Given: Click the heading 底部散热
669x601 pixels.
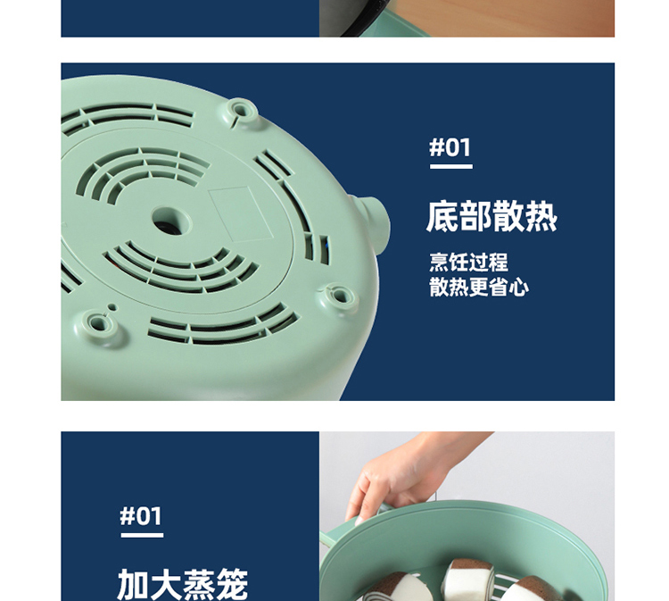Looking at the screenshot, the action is (x=491, y=217).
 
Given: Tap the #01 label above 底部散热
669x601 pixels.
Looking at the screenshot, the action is (x=450, y=147).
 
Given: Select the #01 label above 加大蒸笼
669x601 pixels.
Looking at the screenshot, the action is (x=141, y=515).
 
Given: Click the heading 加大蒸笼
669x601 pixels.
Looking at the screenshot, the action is (x=182, y=584).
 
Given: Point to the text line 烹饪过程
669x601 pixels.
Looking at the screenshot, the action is (x=469, y=262).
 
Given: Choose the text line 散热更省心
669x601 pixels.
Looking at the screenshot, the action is (x=479, y=286).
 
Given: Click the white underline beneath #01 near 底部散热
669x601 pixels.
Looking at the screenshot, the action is (x=451, y=166).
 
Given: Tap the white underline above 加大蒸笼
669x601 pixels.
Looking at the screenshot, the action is (x=142, y=535).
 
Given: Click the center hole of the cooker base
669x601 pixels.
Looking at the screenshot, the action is (x=171, y=221).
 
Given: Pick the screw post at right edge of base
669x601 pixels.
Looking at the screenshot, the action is (x=340, y=296).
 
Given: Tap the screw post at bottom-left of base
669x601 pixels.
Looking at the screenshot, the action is (x=99, y=323).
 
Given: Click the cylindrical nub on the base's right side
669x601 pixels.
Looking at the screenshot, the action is (x=374, y=222).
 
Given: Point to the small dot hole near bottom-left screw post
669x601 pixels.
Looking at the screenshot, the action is (x=112, y=306).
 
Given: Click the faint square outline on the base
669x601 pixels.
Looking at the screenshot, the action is (x=240, y=214).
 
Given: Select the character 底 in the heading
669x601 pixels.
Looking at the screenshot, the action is (x=442, y=217).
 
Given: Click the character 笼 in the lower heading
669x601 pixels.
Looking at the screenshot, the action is (x=232, y=584).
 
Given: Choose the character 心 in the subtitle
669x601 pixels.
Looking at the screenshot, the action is (x=519, y=286).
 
